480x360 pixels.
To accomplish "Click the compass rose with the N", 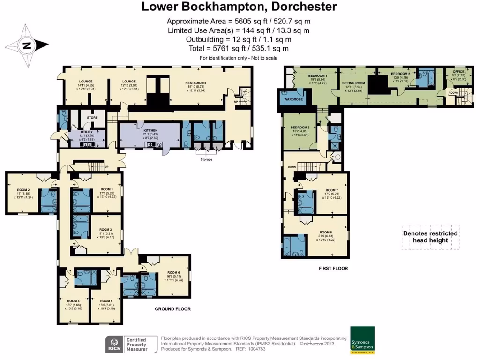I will (x=27, y=45).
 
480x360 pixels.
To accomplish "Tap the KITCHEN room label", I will (x=150, y=130).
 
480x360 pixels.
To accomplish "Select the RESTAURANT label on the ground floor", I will (x=196, y=83).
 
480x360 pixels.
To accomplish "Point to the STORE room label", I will (x=89, y=118).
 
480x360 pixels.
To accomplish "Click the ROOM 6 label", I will (x=173, y=272).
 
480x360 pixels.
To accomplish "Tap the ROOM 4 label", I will (x=73, y=301).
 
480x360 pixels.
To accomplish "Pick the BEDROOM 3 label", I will (x=300, y=127).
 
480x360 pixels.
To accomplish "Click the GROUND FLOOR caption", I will (x=173, y=309).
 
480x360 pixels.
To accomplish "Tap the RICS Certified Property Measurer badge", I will (x=126, y=344).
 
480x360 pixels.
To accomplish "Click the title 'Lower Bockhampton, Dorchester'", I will (x=240, y=7).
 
